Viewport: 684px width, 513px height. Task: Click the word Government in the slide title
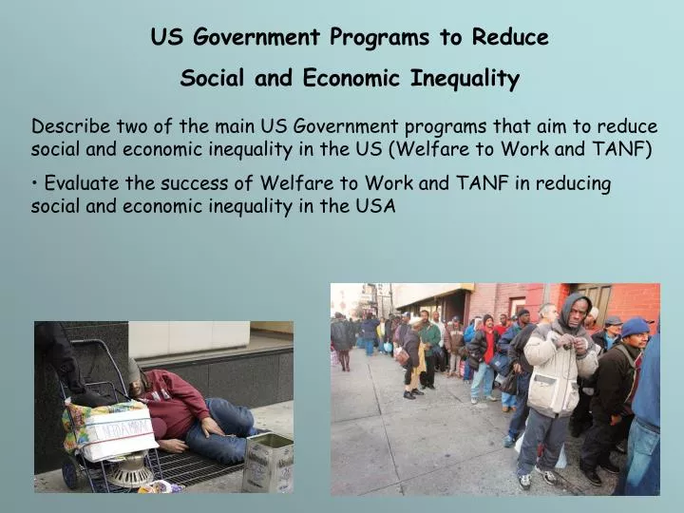point(258,38)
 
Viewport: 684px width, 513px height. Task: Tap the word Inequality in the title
point(465,79)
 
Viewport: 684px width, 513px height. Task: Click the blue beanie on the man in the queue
point(636,327)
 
